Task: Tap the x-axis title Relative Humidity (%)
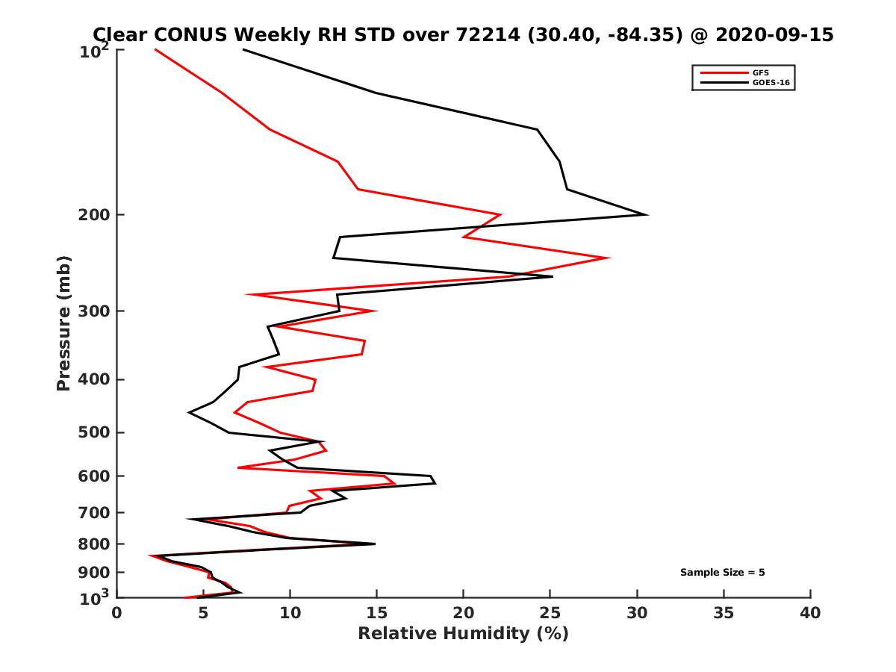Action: coord(463,634)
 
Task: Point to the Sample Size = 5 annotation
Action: coord(722,573)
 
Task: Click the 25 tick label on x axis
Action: coord(550,613)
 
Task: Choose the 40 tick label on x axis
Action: coord(810,613)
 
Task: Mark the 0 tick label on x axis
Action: coord(117,613)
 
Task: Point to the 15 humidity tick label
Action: coord(377,613)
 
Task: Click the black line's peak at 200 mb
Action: coord(647,215)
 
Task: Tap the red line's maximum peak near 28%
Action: coord(609,258)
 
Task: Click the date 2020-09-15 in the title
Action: coord(773,35)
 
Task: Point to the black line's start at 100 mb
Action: coord(243,49)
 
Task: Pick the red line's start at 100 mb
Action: coord(155,49)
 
